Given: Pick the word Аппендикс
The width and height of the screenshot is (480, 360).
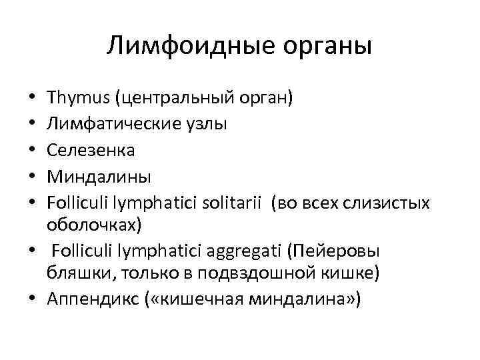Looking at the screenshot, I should (x=91, y=299).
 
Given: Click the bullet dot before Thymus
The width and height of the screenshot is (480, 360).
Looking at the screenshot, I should (x=33, y=100).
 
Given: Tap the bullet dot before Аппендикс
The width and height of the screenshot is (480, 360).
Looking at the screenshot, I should (x=33, y=300).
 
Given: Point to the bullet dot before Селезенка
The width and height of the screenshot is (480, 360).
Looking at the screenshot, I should (x=33, y=151).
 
